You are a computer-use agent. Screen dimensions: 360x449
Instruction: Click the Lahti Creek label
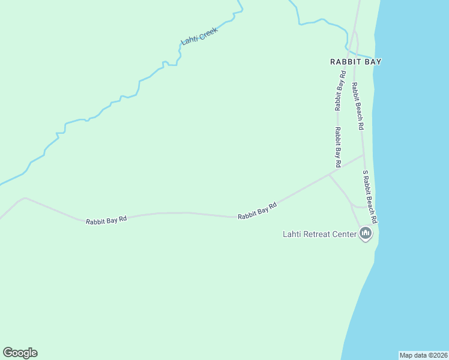(199, 36)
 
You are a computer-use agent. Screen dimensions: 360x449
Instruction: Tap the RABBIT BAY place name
(356, 61)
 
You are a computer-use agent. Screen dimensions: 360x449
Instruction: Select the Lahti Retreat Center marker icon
(366, 233)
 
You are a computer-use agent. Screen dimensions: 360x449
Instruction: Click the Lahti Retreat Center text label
(319, 234)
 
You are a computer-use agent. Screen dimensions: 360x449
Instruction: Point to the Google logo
(20, 353)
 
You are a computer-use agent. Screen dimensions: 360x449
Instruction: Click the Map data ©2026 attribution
(423, 355)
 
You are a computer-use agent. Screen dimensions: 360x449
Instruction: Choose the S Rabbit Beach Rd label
(370, 194)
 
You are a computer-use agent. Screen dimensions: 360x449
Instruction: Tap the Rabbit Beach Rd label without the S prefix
(358, 106)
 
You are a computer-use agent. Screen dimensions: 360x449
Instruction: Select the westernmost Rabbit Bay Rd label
(106, 220)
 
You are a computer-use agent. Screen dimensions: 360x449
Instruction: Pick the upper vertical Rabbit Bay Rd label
(340, 91)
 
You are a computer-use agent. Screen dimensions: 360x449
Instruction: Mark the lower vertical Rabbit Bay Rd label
(338, 147)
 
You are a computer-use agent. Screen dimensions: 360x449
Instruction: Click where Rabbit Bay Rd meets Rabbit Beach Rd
(364, 155)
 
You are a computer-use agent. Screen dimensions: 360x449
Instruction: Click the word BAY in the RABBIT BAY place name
(373, 61)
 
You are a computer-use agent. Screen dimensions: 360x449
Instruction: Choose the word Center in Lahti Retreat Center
(345, 234)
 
